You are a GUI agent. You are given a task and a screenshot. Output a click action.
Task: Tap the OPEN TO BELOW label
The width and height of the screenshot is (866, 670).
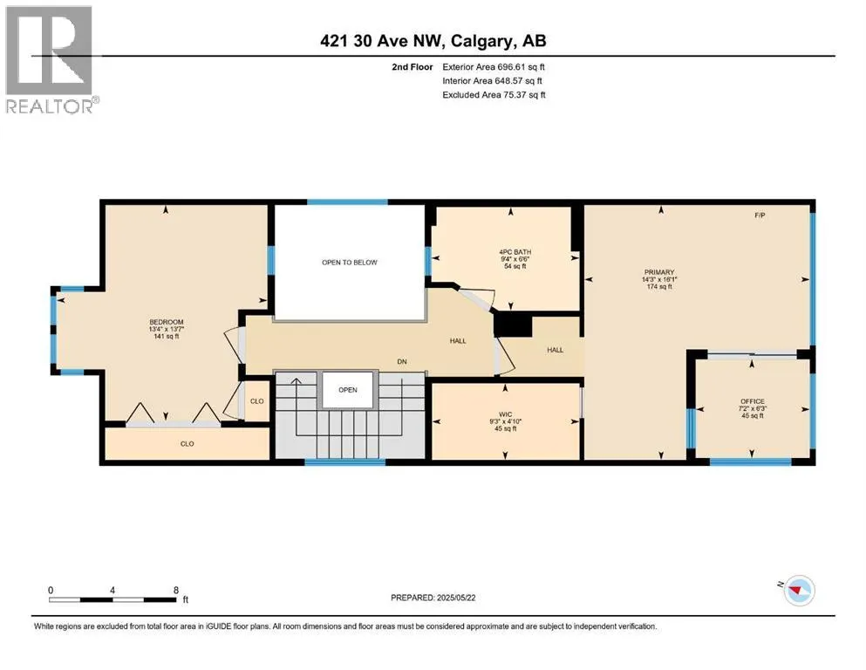[x=349, y=262]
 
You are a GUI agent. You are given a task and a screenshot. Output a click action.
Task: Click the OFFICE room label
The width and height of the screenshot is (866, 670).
[x=752, y=408]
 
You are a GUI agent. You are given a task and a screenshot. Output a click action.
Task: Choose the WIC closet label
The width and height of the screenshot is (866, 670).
[x=507, y=420]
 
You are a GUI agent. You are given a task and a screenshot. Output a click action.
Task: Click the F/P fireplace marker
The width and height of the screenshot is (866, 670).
[x=760, y=215]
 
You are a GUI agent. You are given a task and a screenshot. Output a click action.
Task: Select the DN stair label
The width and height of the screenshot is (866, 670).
[x=402, y=361]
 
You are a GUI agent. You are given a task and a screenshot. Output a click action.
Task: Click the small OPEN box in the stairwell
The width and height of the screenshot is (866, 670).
[x=348, y=390]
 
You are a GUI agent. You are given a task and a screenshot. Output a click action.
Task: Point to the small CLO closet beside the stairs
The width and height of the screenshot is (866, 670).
[x=256, y=401]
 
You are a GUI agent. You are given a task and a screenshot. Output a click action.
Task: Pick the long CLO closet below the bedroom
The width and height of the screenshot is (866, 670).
[x=187, y=444]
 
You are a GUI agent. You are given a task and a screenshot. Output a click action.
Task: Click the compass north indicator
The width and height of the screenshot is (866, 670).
[x=797, y=591]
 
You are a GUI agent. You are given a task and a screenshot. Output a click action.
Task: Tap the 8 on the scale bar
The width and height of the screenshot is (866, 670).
[x=177, y=590]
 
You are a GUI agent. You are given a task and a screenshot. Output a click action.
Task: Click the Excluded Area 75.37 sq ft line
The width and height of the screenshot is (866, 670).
[x=494, y=95]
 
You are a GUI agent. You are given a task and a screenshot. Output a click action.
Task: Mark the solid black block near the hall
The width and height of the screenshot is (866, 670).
[x=513, y=324]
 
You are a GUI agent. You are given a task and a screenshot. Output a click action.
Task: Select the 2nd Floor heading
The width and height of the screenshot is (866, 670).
[x=413, y=66]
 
